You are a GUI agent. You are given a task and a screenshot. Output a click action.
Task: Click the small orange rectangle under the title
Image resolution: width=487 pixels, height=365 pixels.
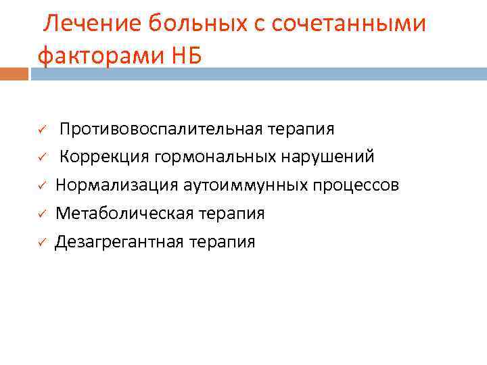(x=14, y=73)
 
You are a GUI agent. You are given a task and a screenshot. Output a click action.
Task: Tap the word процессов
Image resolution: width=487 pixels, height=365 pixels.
(x=358, y=185)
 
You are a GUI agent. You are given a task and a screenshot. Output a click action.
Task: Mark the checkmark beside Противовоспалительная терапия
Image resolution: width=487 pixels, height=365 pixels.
(x=41, y=129)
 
